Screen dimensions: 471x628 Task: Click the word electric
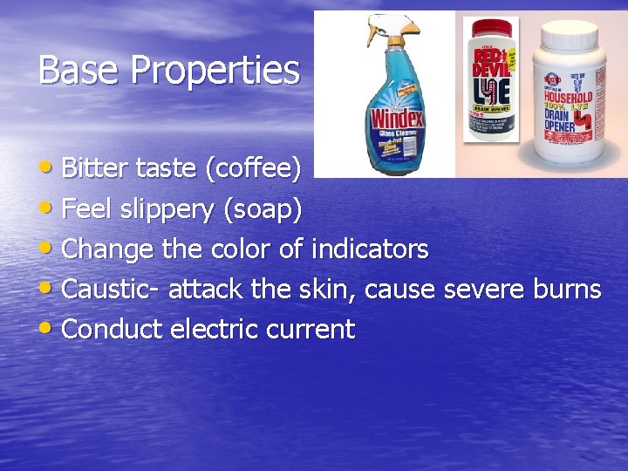[214, 330]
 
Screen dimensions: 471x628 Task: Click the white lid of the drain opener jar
[570, 29]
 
